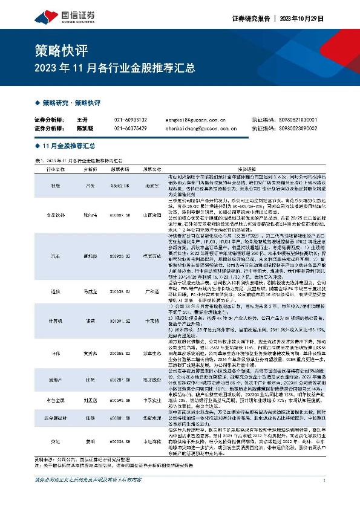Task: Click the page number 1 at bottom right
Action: [325, 497]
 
